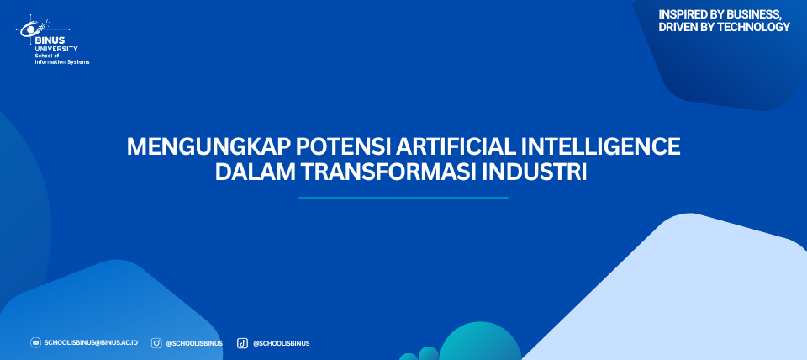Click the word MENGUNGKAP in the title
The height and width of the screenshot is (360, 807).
pyautogui.click(x=208, y=147)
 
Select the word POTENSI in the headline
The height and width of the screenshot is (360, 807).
pyautogui.click(x=342, y=147)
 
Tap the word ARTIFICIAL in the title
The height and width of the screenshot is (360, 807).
pyautogui.click(x=456, y=147)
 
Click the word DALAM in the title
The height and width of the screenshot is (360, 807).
pyautogui.click(x=251, y=172)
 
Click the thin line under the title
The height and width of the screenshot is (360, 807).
pyautogui.click(x=403, y=198)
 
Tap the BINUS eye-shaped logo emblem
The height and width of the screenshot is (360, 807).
pyautogui.click(x=34, y=27)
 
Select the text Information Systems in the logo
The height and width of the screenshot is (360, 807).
pyautogui.click(x=61, y=61)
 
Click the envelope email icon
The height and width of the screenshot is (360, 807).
pyautogui.click(x=35, y=342)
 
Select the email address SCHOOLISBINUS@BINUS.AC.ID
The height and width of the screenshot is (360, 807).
pyautogui.click(x=91, y=342)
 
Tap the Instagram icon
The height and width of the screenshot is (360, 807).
pyautogui.click(x=156, y=343)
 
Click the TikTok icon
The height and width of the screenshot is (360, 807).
pyautogui.click(x=242, y=343)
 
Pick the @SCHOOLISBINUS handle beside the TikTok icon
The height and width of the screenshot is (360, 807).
pyautogui.click(x=281, y=343)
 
